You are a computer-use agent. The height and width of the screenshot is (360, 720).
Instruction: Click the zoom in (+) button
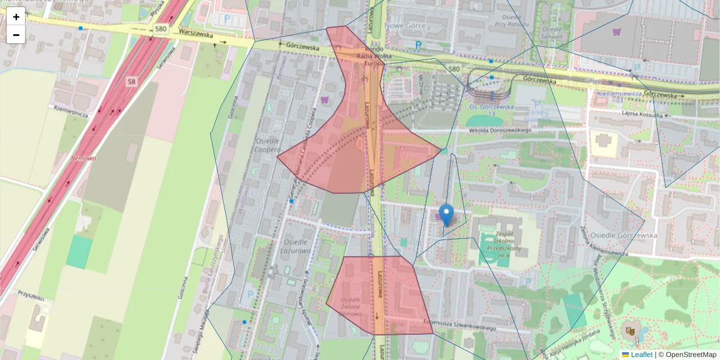[x=16, y=17]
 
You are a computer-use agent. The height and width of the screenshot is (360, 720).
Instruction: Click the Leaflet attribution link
[x=641, y=355]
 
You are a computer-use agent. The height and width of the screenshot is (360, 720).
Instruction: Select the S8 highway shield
[x=131, y=81]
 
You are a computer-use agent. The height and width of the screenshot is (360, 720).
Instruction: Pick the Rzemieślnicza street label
[x=71, y=110]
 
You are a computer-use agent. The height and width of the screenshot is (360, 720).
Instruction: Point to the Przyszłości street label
[x=31, y=296]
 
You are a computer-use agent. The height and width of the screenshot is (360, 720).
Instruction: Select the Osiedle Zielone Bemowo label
[x=351, y=306]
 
